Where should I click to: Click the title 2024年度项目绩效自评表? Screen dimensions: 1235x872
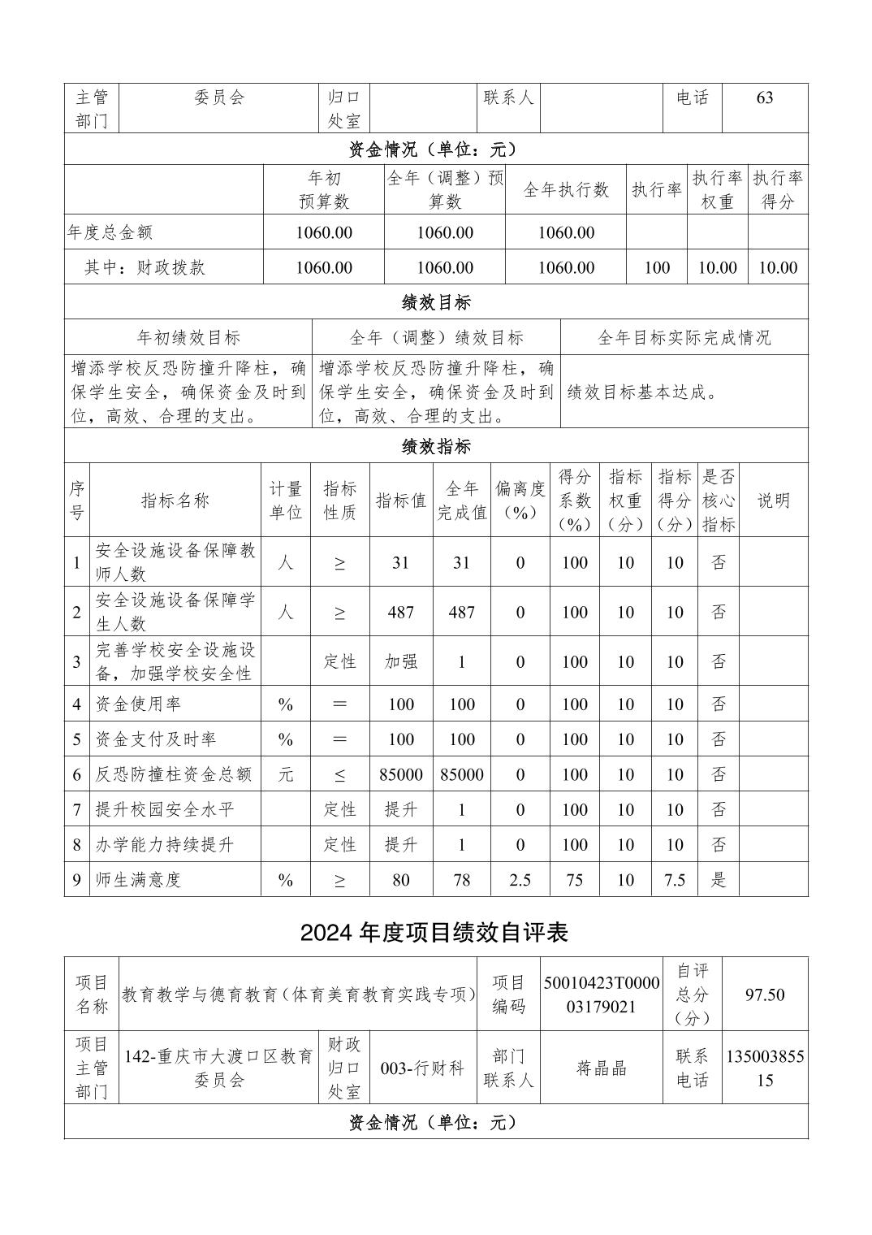click(x=434, y=933)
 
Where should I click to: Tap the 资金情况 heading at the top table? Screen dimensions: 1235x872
click(x=433, y=149)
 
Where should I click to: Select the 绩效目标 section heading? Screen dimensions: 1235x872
click(x=436, y=303)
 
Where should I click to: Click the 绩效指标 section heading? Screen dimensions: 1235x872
click(x=436, y=446)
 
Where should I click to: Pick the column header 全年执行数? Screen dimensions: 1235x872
click(x=566, y=190)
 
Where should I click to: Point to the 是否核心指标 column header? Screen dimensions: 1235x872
click(x=719, y=500)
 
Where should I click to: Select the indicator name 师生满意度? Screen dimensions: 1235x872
click(x=138, y=880)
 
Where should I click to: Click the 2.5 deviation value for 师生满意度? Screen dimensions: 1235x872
click(x=520, y=880)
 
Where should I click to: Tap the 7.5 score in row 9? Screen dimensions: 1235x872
click(x=675, y=880)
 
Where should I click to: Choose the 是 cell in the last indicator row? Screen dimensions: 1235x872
click(x=719, y=880)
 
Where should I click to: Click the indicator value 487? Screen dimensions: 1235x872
click(x=401, y=613)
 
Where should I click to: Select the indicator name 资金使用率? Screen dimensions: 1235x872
click(x=138, y=704)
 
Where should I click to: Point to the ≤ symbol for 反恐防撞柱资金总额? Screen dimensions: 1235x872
click(x=339, y=775)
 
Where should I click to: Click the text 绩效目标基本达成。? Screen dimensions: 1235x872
click(x=642, y=392)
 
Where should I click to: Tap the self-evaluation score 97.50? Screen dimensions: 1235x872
click(x=765, y=994)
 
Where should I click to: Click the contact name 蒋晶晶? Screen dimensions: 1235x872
click(x=602, y=1068)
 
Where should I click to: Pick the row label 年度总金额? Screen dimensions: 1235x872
click(x=110, y=232)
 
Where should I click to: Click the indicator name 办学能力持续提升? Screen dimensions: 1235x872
click(x=165, y=845)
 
